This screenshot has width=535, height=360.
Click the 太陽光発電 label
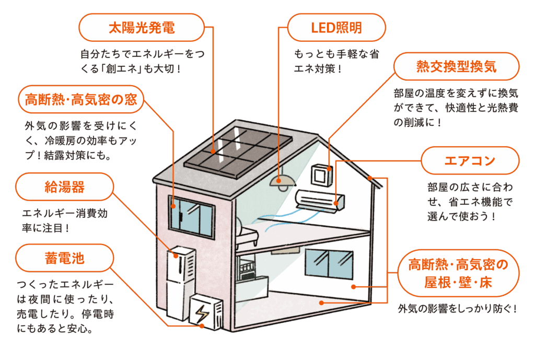tap(141, 28)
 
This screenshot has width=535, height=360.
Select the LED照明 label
tap(336, 28)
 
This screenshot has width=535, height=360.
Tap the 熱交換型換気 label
tap(456, 67)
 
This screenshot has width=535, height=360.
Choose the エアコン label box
tap(470, 160)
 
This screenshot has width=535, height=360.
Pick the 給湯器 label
tap(65, 187)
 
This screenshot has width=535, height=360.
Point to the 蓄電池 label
tap(65, 258)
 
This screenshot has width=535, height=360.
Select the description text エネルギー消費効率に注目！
tap(65, 221)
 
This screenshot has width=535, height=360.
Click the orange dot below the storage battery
tap(202, 326)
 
